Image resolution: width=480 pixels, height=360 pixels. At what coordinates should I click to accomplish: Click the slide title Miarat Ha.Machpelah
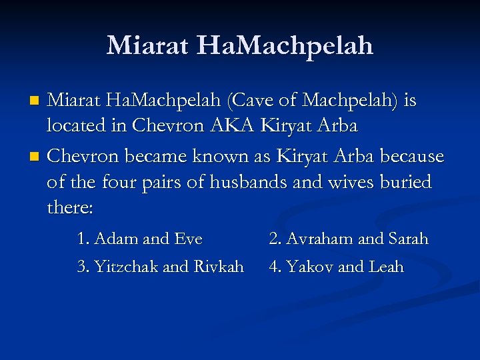[240, 45]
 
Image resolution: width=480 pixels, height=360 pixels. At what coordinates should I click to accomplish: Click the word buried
[406, 182]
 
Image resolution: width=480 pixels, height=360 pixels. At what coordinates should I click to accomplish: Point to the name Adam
[115, 239]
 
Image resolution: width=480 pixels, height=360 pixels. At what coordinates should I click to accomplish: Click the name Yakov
[309, 267]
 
